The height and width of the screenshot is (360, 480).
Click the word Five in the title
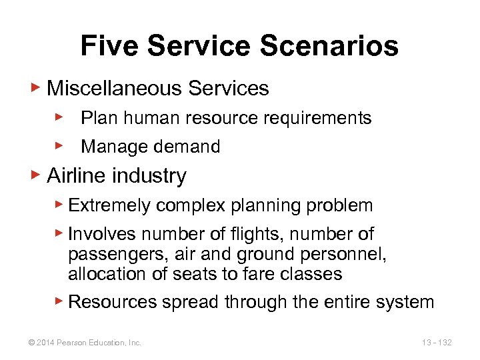pos(109,46)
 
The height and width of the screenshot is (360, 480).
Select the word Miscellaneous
pos(112,88)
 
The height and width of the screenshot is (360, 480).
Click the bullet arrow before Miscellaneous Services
pos(38,87)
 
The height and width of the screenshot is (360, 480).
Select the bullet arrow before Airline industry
pos(38,175)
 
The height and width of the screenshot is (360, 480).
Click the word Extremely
pos(110,205)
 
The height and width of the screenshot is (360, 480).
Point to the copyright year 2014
pos(45,343)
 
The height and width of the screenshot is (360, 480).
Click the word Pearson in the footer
pos(71,343)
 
